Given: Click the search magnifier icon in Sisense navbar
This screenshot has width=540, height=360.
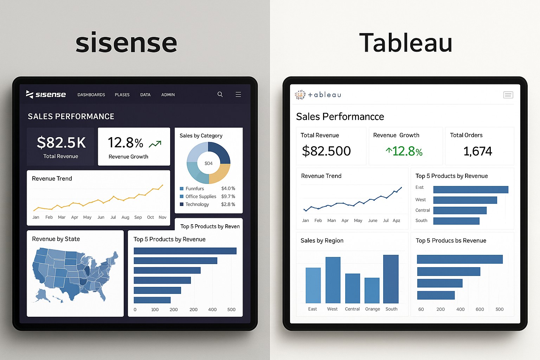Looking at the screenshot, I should [x=220, y=94].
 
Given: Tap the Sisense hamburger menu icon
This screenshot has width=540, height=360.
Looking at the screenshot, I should [x=238, y=94].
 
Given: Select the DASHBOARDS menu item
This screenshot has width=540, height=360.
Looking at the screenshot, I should [x=91, y=95].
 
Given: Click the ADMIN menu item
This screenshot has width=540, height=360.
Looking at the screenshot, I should [x=168, y=95].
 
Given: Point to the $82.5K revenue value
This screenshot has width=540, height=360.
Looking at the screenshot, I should [x=61, y=143].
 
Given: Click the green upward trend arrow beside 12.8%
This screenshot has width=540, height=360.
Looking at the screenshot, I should [x=155, y=144].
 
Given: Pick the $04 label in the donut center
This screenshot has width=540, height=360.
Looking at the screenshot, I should [x=208, y=163].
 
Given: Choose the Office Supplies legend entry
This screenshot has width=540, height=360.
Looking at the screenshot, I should [x=201, y=197].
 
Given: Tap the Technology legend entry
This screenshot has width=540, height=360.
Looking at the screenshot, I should [x=197, y=204].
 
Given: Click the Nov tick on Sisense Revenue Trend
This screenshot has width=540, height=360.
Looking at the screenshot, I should [x=162, y=217].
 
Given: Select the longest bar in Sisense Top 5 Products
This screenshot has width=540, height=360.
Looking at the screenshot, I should [x=185, y=251].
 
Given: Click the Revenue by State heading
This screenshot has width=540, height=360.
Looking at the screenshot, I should [x=56, y=239].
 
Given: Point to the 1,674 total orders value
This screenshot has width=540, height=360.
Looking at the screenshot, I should [x=478, y=151].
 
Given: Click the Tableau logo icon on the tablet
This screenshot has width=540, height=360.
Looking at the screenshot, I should [x=300, y=95].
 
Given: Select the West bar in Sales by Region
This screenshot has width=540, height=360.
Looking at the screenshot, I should [x=333, y=280].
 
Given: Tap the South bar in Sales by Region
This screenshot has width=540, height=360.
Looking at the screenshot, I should [x=391, y=279].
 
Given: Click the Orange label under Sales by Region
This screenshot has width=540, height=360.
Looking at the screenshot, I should [x=372, y=309].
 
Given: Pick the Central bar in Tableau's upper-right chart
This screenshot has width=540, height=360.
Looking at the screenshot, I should [x=460, y=211].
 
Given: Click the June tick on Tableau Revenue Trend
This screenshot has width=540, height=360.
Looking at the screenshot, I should [x=373, y=220].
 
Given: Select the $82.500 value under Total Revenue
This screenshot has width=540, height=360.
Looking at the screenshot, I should [x=326, y=151].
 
